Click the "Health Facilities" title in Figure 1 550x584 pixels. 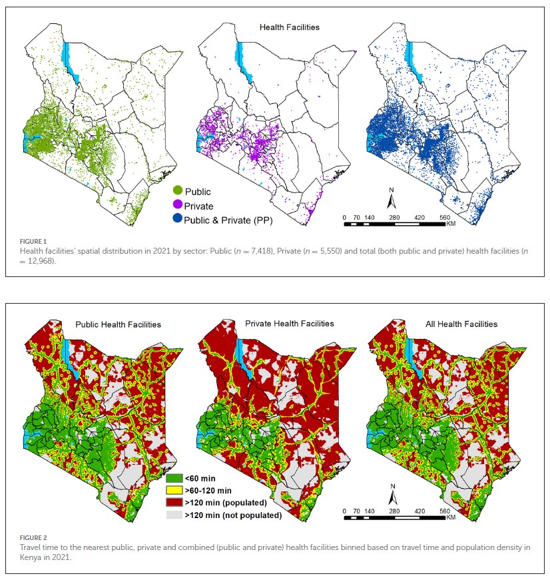tap(289, 27)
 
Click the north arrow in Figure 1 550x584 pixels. tap(392, 198)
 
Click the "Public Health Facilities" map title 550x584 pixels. tap(117, 324)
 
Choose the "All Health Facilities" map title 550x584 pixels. tap(461, 324)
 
